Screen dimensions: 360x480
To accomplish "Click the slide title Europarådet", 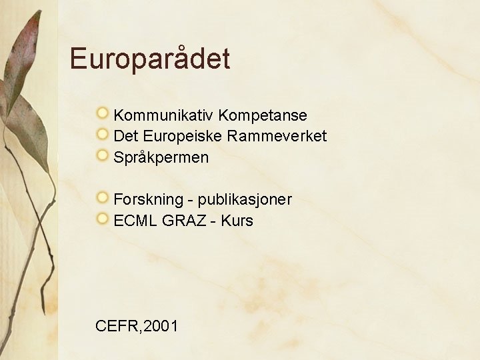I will click(x=150, y=59).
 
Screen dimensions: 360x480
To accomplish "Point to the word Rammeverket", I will click(x=277, y=137).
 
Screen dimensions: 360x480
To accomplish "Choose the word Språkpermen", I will click(x=161, y=158).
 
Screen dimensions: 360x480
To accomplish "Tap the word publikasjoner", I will click(x=245, y=199).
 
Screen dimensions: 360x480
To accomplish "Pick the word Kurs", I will click(x=237, y=221).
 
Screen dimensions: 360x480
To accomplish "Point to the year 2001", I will click(x=161, y=326).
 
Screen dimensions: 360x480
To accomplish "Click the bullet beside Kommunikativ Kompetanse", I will click(x=103, y=114).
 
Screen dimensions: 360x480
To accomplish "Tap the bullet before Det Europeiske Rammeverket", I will click(x=103, y=135).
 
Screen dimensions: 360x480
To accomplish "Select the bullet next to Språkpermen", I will click(x=103, y=155).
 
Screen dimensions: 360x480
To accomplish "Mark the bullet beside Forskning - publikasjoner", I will click(x=103, y=197).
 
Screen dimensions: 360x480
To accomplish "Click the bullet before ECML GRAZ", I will click(x=103, y=218).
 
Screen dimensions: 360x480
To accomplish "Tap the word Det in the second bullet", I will click(x=125, y=137).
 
